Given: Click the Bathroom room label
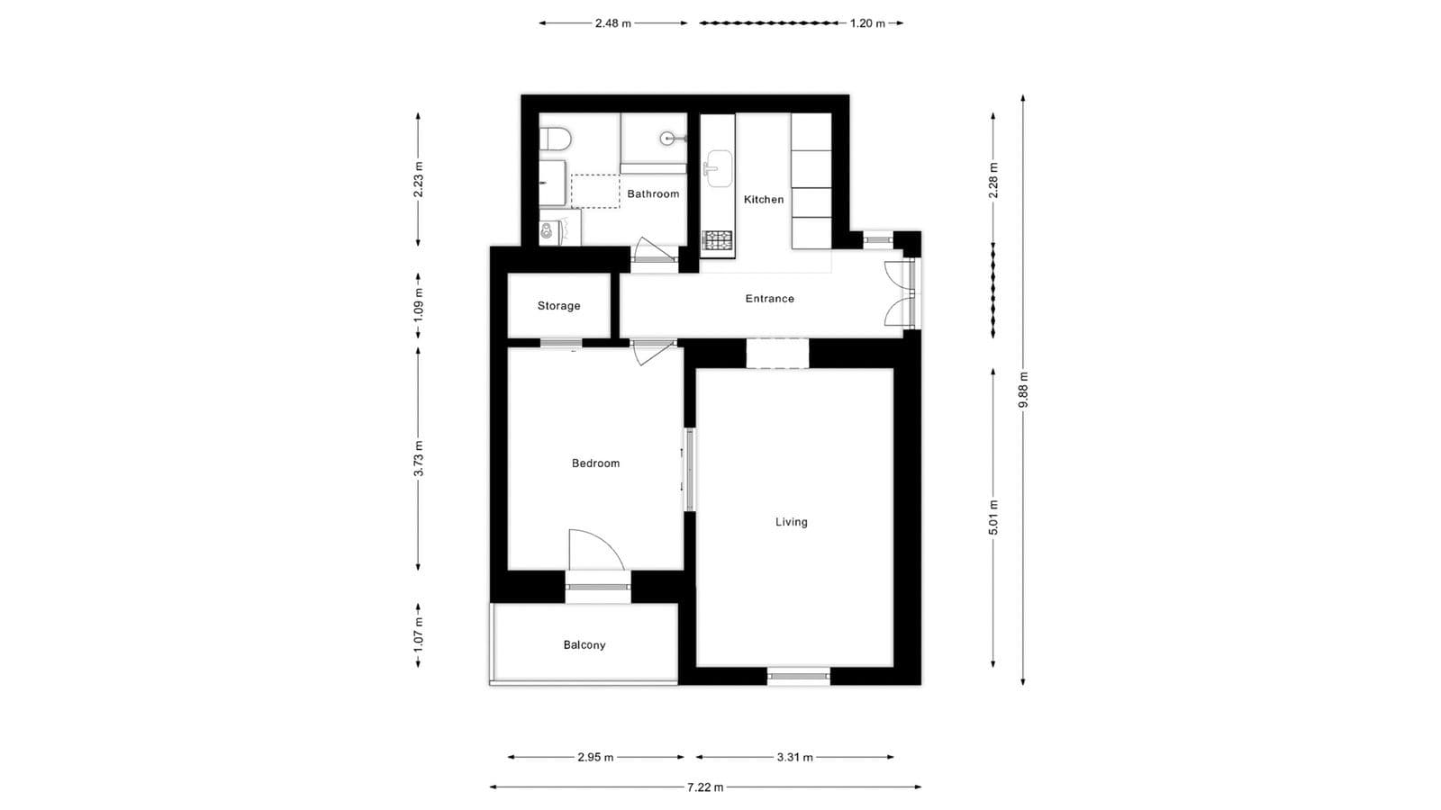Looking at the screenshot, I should pos(653,194).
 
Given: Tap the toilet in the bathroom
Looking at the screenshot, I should pos(556,139).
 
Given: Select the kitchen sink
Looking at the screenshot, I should pos(718,168).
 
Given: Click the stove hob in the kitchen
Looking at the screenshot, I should pos(718,240).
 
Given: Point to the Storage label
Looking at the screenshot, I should pos(558,306).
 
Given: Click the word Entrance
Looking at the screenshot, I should pos(769,299).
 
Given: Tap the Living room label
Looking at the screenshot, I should pos(791,522).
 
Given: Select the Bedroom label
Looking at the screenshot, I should pos(595,463).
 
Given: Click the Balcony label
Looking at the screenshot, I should pos(584,645).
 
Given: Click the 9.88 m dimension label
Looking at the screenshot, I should pos(1023,390).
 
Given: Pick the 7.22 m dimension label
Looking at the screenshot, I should pos(704,787).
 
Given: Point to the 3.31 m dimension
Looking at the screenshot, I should pos(794,758).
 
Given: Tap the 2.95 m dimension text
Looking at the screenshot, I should pos(595,758).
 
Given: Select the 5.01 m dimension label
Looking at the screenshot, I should pos(993,517).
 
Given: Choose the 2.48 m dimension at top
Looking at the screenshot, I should pos(612,23).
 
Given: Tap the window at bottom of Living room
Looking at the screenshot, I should pos(799,675).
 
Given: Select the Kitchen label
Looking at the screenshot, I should pos(763,200).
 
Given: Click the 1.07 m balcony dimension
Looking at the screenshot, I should pos(419,635).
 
